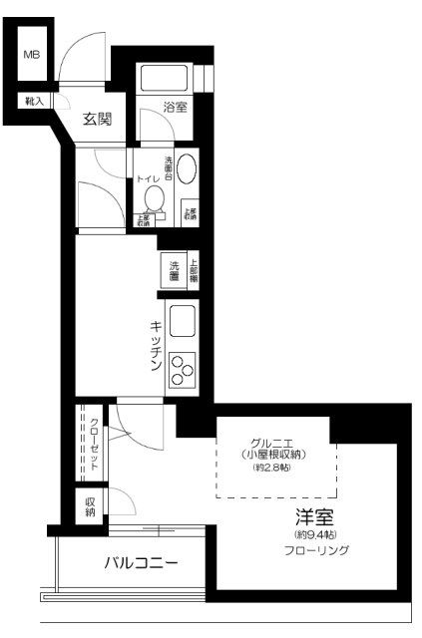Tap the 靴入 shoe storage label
click(x=33, y=101)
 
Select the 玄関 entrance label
click(x=96, y=120)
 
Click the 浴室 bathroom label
click(x=176, y=108)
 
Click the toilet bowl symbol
click(x=155, y=198)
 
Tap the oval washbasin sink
click(x=187, y=165)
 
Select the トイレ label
click(x=148, y=177)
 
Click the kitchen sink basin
click(x=184, y=322)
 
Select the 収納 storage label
click(x=90, y=506)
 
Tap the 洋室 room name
click(x=313, y=519)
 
